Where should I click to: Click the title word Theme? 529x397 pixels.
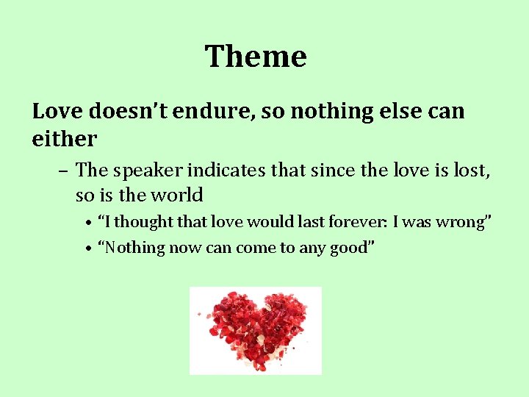[256, 57]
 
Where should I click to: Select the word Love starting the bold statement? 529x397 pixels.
[58, 111]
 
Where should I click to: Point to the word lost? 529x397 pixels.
[471, 171]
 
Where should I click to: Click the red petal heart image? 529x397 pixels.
[255, 330]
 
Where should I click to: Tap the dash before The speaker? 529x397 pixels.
[64, 171]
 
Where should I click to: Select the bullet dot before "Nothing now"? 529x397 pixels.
[87, 248]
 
